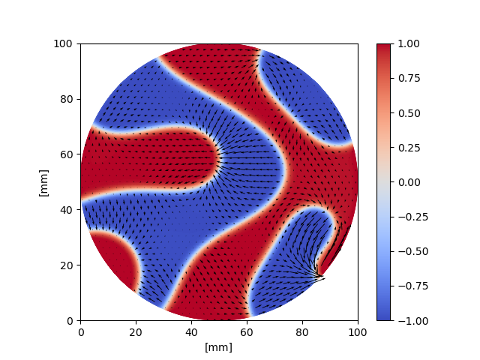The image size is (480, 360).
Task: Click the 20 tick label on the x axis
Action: coord(136,331)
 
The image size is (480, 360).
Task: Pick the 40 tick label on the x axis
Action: coord(191,331)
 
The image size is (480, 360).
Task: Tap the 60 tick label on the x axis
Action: coord(247,331)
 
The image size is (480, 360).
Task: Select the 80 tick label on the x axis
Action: coord(302,331)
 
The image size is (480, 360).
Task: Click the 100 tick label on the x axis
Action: coord(358,331)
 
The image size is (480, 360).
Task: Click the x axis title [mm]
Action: coord(219,346)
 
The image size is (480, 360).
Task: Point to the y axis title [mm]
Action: coord(43,182)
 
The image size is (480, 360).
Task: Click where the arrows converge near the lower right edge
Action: coord(320,277)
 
